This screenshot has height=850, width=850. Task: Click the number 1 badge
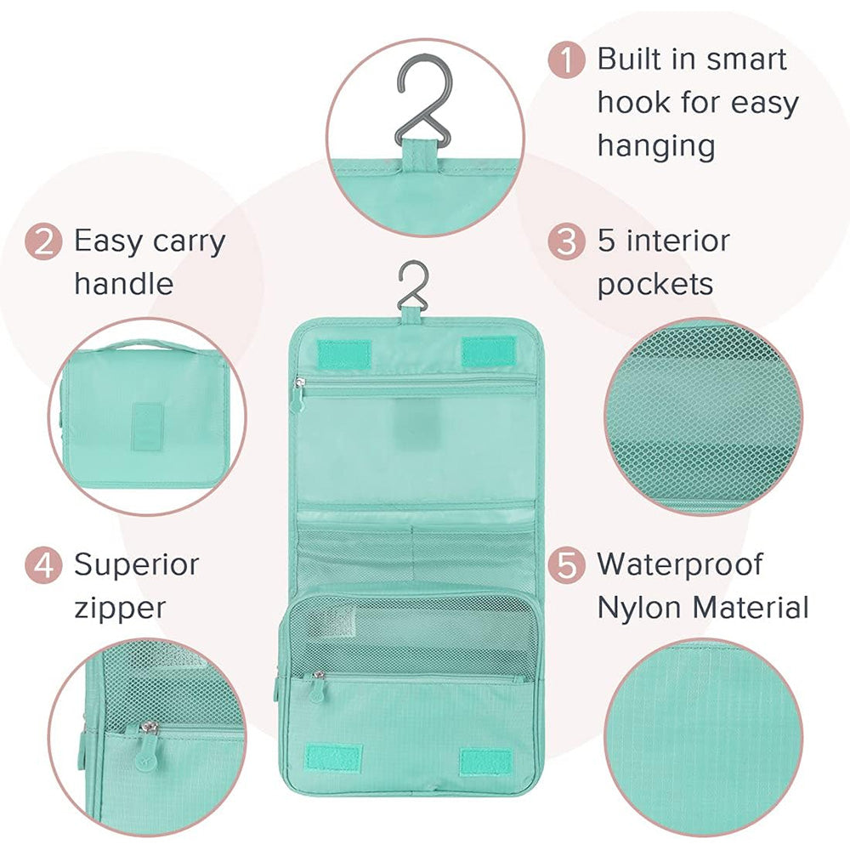[x=566, y=59]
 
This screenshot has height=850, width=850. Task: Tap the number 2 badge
[x=44, y=241]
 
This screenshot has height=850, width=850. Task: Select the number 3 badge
[x=566, y=241]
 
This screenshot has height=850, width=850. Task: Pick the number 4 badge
[x=44, y=565]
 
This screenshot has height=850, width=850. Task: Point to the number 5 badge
[x=566, y=565]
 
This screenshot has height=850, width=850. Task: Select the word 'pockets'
[x=654, y=284]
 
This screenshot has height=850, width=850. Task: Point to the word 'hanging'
[x=656, y=146]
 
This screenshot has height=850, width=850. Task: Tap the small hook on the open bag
[x=413, y=284]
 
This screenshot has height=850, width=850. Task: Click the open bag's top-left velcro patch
[x=343, y=354]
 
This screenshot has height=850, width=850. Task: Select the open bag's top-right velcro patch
[x=489, y=351]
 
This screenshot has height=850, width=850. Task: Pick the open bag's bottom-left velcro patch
[x=333, y=758]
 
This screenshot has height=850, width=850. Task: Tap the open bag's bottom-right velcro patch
[x=485, y=762]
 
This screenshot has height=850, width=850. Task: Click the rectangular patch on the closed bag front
[x=147, y=426]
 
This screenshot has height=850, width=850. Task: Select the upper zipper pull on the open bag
[x=298, y=394]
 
